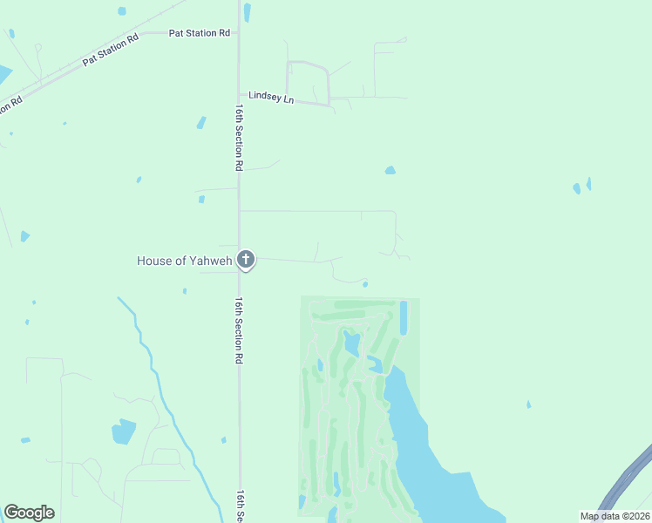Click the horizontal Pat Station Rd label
(200, 33)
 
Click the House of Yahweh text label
(184, 260)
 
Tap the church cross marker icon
(246, 259)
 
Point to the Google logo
(29, 513)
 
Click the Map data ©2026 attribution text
(615, 516)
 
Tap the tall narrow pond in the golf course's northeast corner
(403, 318)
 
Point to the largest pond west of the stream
(124, 431)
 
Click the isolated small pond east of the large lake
(528, 404)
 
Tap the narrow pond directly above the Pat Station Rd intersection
(248, 12)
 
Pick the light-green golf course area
(349, 410)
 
